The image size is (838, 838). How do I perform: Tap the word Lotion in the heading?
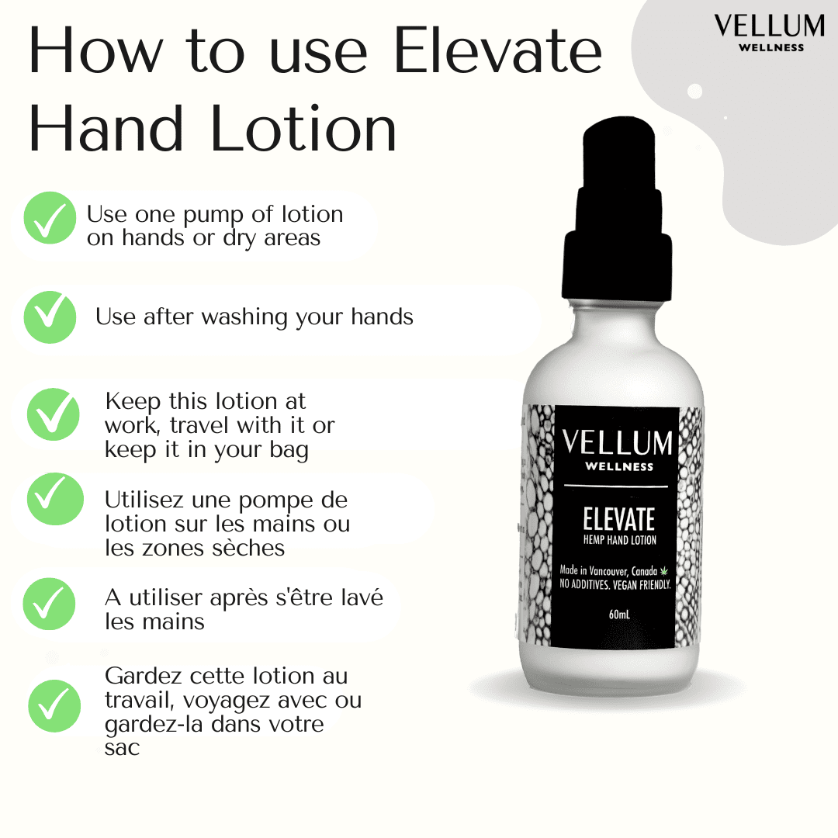pyautogui.click(x=303, y=129)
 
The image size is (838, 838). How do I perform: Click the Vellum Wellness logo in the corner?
pyautogui.click(x=770, y=33)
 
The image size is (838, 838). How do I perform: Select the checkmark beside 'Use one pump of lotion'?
pyautogui.click(x=50, y=218)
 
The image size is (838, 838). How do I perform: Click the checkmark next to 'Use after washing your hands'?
pyautogui.click(x=50, y=317)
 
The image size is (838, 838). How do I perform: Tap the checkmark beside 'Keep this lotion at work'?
pyautogui.click(x=54, y=414)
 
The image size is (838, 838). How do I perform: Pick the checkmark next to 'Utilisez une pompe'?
pyautogui.click(x=54, y=499)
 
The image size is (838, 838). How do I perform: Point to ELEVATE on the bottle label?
pyautogui.click(x=618, y=519)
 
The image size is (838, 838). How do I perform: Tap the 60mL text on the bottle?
pyautogui.click(x=619, y=615)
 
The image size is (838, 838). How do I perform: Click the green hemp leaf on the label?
pyautogui.click(x=664, y=571)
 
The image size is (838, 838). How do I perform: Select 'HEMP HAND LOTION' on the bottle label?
pyautogui.click(x=618, y=540)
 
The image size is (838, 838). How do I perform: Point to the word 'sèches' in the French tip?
pyautogui.click(x=249, y=548)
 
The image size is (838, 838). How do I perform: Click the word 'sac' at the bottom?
pyautogui.click(x=123, y=748)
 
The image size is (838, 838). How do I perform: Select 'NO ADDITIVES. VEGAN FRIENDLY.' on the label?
pyautogui.click(x=615, y=583)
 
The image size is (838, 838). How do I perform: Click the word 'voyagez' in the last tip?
pyautogui.click(x=221, y=701)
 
